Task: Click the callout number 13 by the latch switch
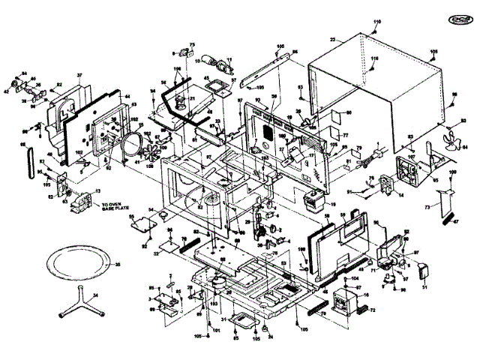coord(97,190)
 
